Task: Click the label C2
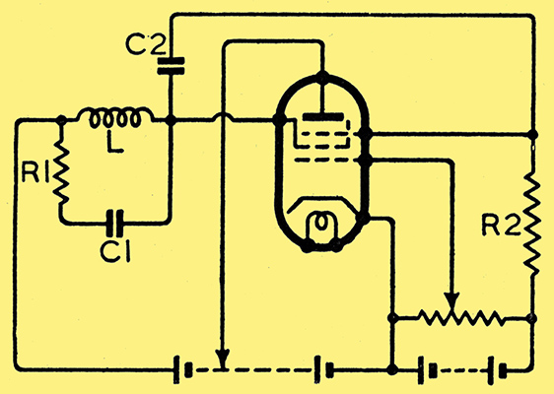(145, 44)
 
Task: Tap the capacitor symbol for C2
(171, 66)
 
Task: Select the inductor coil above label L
(115, 116)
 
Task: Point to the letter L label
(113, 142)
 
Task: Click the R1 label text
(35, 172)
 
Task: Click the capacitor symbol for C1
(115, 224)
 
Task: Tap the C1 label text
(115, 251)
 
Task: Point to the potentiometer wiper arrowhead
(451, 300)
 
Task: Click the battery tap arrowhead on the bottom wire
(223, 358)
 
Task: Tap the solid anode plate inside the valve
(323, 117)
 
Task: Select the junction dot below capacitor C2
(171, 121)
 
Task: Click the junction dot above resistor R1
(61, 120)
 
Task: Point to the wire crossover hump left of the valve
(223, 117)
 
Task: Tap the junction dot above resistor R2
(532, 134)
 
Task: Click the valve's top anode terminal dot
(322, 76)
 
